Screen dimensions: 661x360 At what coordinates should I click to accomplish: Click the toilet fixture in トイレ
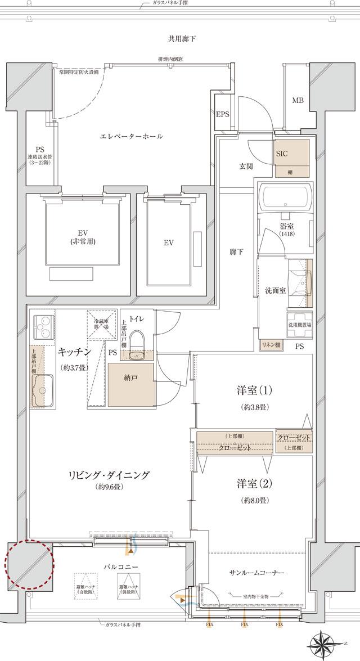136,344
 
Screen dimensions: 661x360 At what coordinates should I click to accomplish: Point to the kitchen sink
41,390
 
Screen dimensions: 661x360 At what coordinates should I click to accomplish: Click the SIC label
282,152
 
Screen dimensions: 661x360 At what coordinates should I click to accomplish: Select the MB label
297,101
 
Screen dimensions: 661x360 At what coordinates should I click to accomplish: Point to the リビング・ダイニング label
110,475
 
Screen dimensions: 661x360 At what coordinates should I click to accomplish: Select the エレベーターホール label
131,137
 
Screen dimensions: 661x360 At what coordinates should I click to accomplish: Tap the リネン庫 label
271,344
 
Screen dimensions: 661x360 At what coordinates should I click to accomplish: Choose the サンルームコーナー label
256,572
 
